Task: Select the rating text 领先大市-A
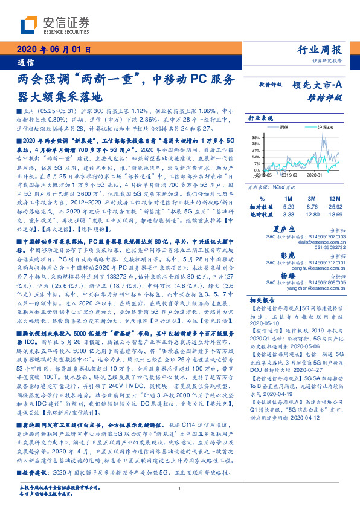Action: (318, 86)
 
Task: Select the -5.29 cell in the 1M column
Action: (287, 206)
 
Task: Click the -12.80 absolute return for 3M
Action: (312, 214)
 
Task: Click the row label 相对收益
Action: (261, 206)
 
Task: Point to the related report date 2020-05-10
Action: (266, 323)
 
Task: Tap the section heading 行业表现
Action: (262, 119)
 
